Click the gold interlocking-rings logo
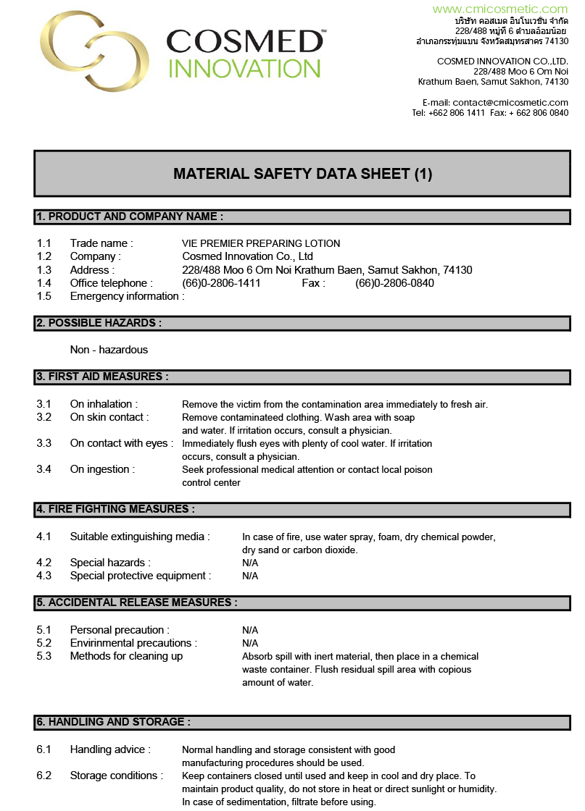[94, 51]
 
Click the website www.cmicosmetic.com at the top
[500, 9]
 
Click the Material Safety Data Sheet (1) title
[302, 174]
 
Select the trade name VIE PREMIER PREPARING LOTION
[261, 243]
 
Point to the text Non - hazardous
[109, 350]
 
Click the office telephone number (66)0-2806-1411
[221, 283]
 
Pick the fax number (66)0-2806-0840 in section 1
[394, 283]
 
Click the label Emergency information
[127, 296]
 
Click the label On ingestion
[102, 469]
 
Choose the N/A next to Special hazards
[250, 563]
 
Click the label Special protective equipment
[141, 576]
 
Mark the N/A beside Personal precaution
[250, 630]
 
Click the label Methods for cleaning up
[126, 656]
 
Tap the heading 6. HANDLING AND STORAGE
[114, 722]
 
